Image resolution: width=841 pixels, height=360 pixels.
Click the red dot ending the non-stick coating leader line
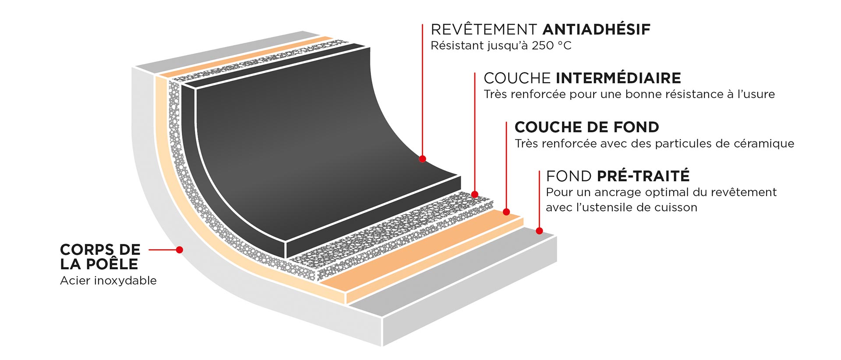coord(422,159)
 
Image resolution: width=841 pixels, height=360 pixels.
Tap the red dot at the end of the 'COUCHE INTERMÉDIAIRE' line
coord(475,194)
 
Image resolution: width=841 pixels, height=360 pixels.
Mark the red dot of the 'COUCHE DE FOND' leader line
coord(506,212)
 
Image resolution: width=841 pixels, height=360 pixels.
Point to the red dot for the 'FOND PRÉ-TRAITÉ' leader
coord(539,231)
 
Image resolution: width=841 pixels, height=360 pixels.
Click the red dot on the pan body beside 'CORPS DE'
coord(180,250)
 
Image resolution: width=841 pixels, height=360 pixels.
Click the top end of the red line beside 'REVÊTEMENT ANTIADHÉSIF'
coord(422,25)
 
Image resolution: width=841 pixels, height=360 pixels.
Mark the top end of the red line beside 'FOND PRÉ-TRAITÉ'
coord(539,171)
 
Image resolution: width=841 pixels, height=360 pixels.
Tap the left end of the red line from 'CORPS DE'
coord(149,250)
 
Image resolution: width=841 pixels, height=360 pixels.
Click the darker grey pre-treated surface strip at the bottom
coord(451,272)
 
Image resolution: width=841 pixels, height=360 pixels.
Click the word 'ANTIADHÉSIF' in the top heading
coord(597,29)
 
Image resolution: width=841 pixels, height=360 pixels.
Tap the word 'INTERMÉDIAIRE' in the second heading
coord(618,78)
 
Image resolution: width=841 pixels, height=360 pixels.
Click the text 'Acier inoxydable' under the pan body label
coord(108,281)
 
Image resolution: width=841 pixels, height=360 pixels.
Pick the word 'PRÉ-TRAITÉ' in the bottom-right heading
coord(643,176)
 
